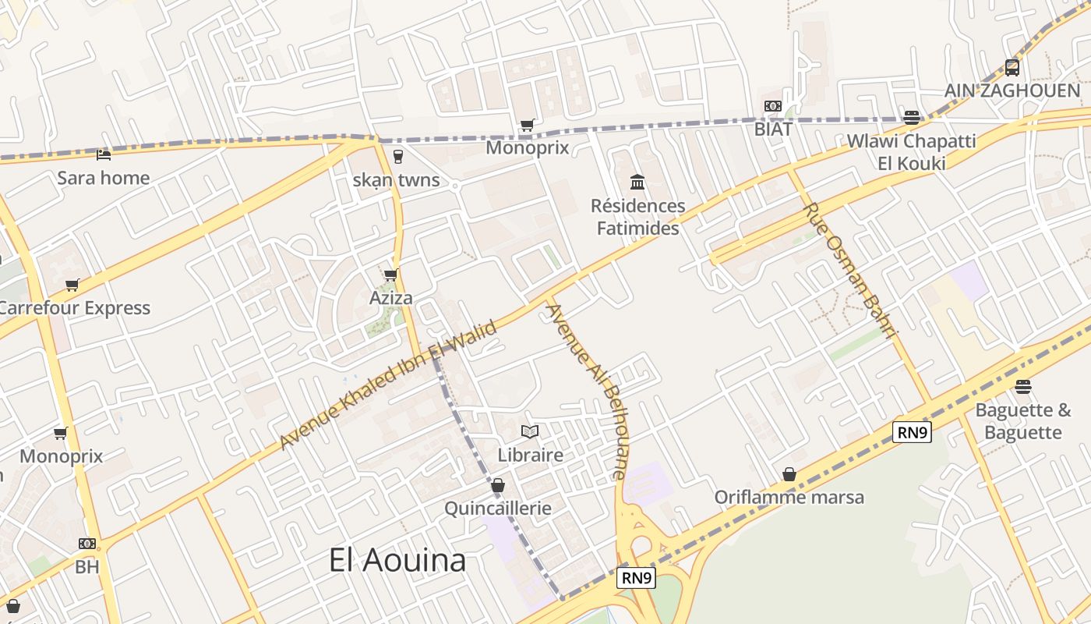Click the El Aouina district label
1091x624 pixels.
397,560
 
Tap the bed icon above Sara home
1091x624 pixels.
104,154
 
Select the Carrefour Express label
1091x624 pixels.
74,308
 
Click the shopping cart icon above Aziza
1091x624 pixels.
390,275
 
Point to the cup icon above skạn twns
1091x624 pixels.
398,156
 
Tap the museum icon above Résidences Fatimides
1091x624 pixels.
637,183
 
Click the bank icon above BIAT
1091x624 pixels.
772,106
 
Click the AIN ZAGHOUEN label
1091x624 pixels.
1012,90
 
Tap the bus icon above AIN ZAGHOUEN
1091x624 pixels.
1012,68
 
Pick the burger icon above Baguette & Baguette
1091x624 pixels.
1023,387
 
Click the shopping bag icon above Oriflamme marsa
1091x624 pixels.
789,474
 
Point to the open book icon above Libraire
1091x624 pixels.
530,431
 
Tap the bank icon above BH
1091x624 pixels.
87,544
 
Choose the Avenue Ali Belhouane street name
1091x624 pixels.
587,390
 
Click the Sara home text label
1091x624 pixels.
104,178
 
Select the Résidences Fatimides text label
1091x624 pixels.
637,217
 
